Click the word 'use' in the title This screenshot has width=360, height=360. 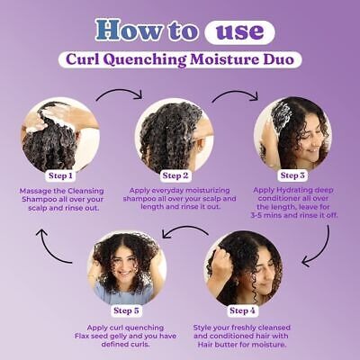pyautogui.click(x=239, y=31)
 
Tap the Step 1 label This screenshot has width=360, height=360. pyautogui.click(x=60, y=175)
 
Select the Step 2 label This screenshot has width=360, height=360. pyautogui.click(x=175, y=175)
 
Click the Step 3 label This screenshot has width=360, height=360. pyautogui.click(x=292, y=175)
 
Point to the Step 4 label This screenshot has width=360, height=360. pyautogui.click(x=242, y=310)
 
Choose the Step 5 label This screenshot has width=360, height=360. pyautogui.click(x=126, y=310)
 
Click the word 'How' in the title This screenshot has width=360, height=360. pyautogui.click(x=128, y=30)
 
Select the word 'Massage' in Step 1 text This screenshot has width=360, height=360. pyautogui.click(x=32, y=191)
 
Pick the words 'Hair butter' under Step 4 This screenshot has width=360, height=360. pyautogui.click(x=215, y=345)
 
